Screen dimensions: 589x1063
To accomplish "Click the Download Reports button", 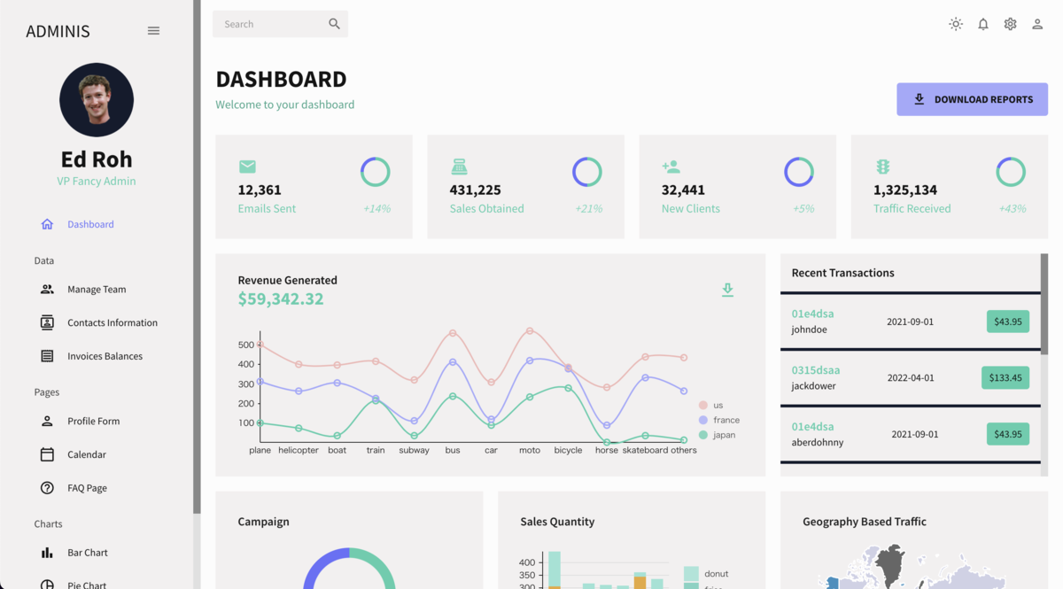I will pyautogui.click(x=972, y=99).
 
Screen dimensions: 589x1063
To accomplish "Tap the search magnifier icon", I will pyautogui.click(x=334, y=24).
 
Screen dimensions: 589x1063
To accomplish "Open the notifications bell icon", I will pyautogui.click(x=982, y=24).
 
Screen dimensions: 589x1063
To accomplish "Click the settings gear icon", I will pyautogui.click(x=1010, y=24).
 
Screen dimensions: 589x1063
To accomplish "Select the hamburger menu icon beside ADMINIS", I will pyautogui.click(x=153, y=31).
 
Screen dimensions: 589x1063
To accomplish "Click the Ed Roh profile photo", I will pyautogui.click(x=97, y=99).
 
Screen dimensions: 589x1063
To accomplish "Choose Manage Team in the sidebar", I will pyautogui.click(x=97, y=290).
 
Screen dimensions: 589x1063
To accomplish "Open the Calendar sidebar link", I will pyautogui.click(x=86, y=454).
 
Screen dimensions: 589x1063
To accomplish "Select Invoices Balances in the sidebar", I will pyautogui.click(x=105, y=356).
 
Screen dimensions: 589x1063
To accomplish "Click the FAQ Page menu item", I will pyautogui.click(x=87, y=488).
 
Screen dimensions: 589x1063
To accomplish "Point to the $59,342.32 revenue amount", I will pyautogui.click(x=280, y=299).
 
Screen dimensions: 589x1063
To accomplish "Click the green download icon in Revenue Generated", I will pyautogui.click(x=727, y=290).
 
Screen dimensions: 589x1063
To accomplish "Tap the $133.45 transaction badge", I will pyautogui.click(x=1005, y=378).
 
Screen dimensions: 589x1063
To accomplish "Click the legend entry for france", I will pyautogui.click(x=725, y=420).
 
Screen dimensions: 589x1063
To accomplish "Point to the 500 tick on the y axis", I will pyautogui.click(x=246, y=345).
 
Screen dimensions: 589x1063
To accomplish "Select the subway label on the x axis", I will pyautogui.click(x=414, y=450).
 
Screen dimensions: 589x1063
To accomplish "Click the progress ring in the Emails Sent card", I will pyautogui.click(x=375, y=172).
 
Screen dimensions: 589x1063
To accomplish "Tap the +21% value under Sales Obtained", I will pyautogui.click(x=588, y=209).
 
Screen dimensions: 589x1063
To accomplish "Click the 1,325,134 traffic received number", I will pyautogui.click(x=904, y=190).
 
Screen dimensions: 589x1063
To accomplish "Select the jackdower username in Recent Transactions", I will pyautogui.click(x=813, y=386).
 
